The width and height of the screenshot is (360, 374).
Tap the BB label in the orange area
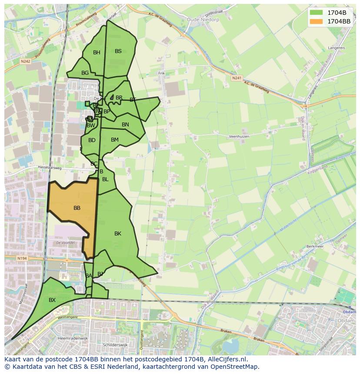click(77, 208)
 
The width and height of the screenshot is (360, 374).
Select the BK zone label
click(118, 234)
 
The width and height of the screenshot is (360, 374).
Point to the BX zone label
click(52, 300)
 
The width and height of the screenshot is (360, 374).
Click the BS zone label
click(118, 51)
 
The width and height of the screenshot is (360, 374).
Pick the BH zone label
click(97, 53)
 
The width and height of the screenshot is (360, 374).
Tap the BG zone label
click(85, 73)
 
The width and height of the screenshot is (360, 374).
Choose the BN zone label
click(125, 125)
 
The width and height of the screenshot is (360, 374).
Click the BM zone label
click(115, 140)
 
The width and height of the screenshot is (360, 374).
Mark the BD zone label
click(92, 140)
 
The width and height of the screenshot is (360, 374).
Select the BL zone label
click(105, 179)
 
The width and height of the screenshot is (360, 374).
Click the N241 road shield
click(237, 78)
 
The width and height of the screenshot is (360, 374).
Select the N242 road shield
click(25, 62)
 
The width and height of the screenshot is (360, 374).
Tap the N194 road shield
click(23, 258)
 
